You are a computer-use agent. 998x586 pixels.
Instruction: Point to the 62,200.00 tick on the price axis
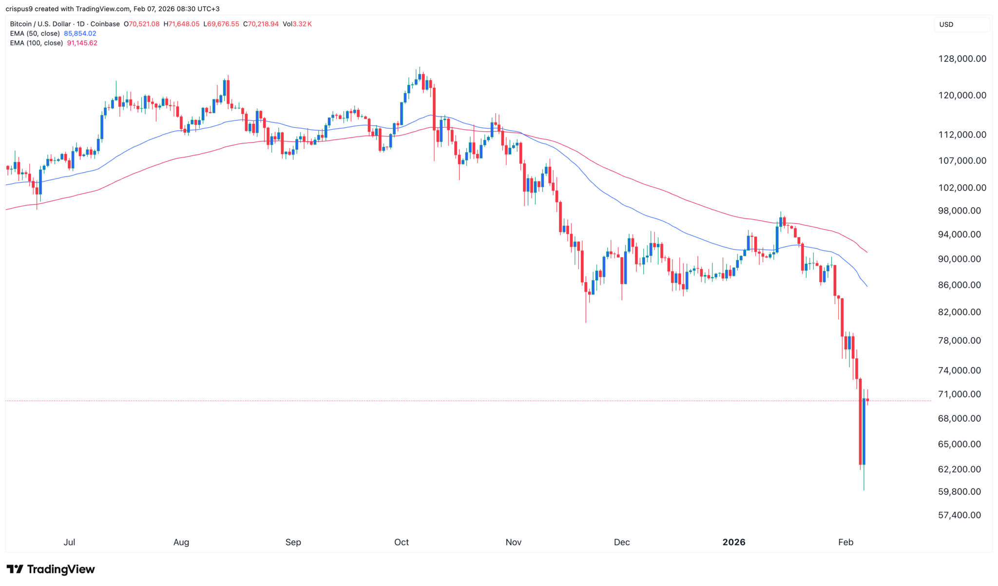point(960,469)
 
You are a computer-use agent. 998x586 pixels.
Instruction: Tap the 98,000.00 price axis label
point(960,211)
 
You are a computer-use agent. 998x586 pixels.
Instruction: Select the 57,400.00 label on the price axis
point(960,515)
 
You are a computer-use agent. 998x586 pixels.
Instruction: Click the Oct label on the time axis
point(402,542)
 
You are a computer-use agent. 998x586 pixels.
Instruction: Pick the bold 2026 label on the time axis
point(734,542)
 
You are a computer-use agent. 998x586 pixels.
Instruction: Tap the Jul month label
point(69,542)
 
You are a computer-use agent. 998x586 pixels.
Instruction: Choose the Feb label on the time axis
point(846,542)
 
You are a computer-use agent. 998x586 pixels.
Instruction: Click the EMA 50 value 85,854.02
point(80,34)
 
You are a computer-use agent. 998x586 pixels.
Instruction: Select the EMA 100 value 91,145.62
point(82,43)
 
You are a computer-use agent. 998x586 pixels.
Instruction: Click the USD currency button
point(946,24)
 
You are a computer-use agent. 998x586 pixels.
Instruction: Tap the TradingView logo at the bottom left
point(51,569)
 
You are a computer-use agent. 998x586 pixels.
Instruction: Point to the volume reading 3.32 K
point(302,24)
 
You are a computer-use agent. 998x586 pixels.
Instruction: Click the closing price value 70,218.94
point(263,24)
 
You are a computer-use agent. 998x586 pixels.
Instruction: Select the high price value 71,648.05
point(184,24)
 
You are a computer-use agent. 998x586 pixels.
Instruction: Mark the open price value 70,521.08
point(144,24)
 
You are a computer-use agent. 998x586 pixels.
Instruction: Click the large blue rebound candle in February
point(864,431)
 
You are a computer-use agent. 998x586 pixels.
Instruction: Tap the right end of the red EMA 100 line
point(867,252)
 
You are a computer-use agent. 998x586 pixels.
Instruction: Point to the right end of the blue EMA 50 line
point(867,287)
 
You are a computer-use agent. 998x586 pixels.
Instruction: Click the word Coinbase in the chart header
point(105,24)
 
